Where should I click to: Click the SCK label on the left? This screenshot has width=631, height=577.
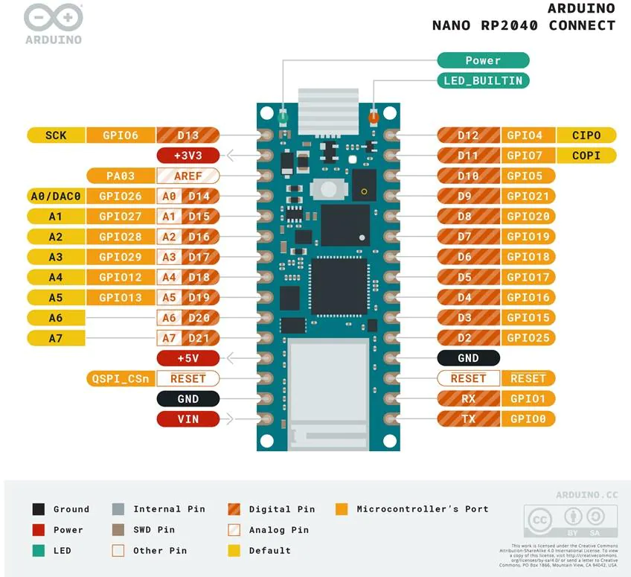click(56, 136)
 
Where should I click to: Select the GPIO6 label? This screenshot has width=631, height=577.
click(119, 136)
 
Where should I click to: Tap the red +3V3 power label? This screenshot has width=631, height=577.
click(188, 156)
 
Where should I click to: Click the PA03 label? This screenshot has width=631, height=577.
click(119, 176)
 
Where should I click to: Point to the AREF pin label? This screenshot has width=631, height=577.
click(188, 176)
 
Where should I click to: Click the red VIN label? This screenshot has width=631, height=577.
click(188, 419)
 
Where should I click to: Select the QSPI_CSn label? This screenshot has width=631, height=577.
click(119, 378)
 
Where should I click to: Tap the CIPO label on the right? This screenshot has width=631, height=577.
click(587, 136)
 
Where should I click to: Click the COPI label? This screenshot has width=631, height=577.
click(587, 156)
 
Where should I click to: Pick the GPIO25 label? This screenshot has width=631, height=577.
click(528, 338)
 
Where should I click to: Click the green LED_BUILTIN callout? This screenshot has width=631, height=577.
click(483, 80)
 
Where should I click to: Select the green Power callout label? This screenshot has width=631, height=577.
click(483, 60)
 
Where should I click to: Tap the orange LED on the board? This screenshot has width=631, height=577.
click(374, 117)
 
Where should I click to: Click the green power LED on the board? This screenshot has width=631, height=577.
click(283, 117)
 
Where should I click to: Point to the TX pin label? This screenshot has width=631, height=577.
click(469, 419)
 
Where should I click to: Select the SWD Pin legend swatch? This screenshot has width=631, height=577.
click(118, 530)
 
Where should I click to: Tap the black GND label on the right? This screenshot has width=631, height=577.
click(469, 358)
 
